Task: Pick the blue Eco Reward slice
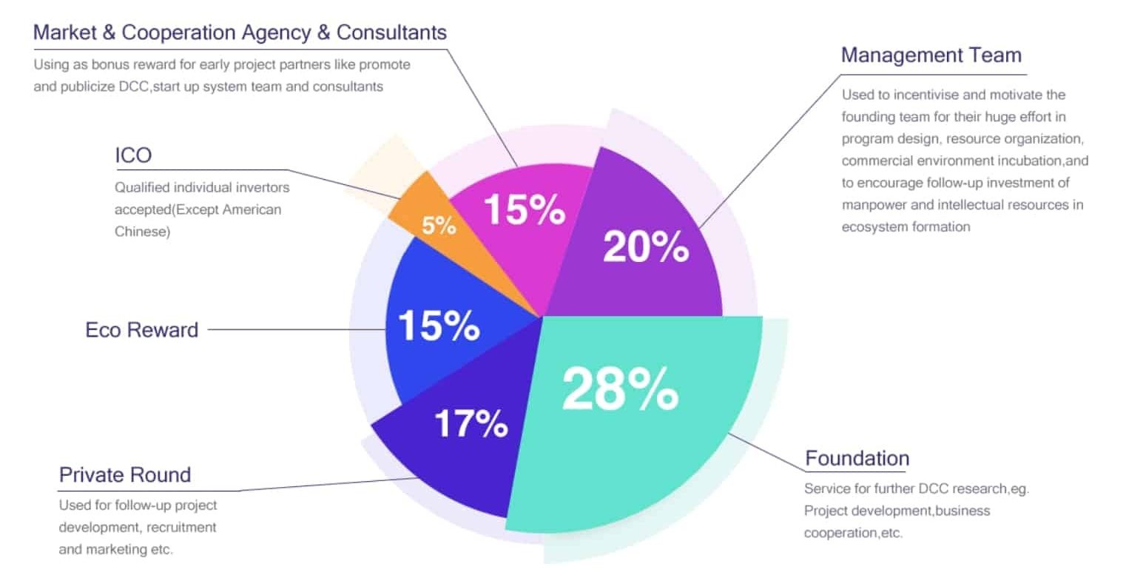(436, 326)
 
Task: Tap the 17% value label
(471, 423)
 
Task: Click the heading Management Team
(931, 56)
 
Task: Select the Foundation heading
(857, 458)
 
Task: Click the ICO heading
(133, 155)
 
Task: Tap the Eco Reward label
(142, 329)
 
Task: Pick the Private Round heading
(125, 474)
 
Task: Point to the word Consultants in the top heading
(391, 33)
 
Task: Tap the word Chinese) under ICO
(142, 232)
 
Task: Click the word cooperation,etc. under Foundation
(854, 533)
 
